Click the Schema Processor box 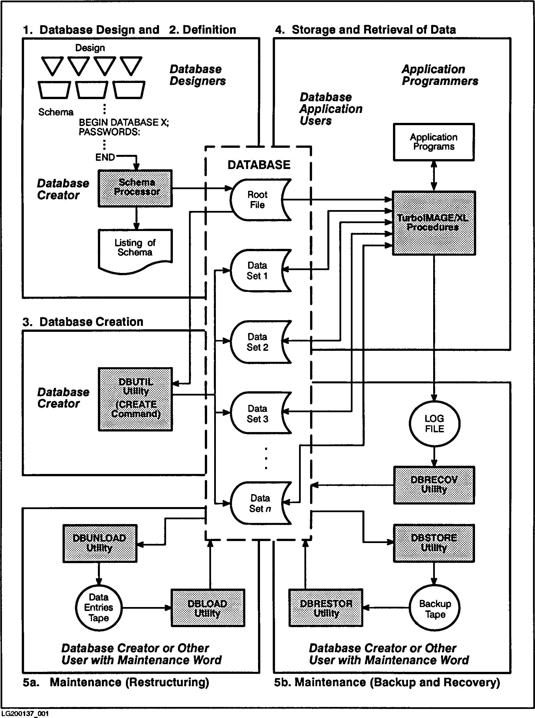click(135, 188)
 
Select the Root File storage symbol click(257, 200)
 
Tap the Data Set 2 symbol click(257, 342)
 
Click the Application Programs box click(434, 142)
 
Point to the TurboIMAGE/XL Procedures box click(434, 223)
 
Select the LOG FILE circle click(434, 424)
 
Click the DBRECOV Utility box click(434, 485)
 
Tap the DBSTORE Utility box click(434, 543)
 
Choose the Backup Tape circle click(435, 608)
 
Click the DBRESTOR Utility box click(326, 608)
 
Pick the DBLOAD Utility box click(208, 608)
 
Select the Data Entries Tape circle click(99, 608)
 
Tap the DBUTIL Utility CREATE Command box click(135, 399)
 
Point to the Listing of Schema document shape click(135, 249)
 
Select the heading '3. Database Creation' click(83, 322)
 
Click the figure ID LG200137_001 click(25, 713)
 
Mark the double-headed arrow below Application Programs click(434, 176)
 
